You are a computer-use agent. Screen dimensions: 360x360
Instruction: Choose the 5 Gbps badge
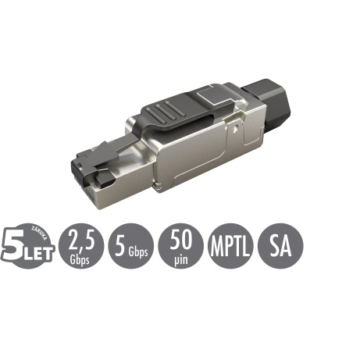pyautogui.click(x=130, y=248)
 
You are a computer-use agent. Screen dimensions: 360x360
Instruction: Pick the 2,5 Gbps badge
pyautogui.click(x=80, y=248)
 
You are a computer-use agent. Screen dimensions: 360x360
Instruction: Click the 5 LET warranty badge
pyautogui.click(x=30, y=248)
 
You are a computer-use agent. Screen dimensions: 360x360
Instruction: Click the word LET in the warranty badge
pyautogui.click(x=40, y=251)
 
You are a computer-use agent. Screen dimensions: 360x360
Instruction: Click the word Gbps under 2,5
pyautogui.click(x=80, y=258)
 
